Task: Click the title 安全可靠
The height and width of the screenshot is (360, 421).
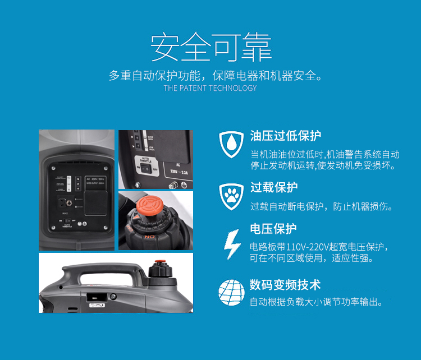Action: [x=210, y=48]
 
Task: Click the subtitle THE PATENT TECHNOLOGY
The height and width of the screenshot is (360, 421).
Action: [x=210, y=88]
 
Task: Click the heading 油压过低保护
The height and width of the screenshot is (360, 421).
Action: [x=286, y=136]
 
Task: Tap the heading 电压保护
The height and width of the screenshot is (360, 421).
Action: [x=273, y=229]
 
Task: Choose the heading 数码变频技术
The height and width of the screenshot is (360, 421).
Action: [x=285, y=285]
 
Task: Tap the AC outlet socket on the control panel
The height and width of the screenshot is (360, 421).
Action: [x=61, y=201]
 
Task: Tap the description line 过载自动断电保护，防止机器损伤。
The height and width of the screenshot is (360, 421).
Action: [x=322, y=207]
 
